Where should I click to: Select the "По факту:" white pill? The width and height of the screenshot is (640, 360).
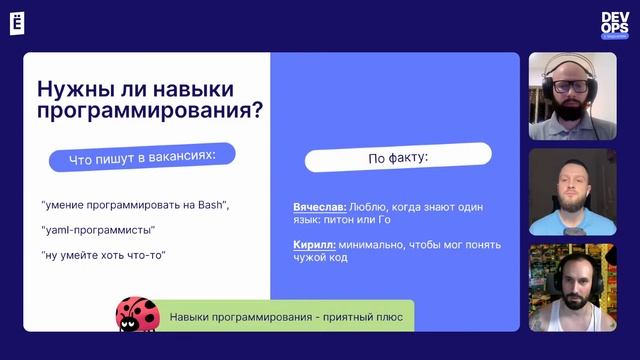click(398, 157)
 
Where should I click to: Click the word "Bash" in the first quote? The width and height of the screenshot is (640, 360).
click(211, 205)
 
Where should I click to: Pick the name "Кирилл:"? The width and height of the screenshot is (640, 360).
click(314, 244)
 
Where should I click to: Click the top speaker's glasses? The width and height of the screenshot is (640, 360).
click(571, 87)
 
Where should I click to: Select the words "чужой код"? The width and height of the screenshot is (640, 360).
click(320, 258)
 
